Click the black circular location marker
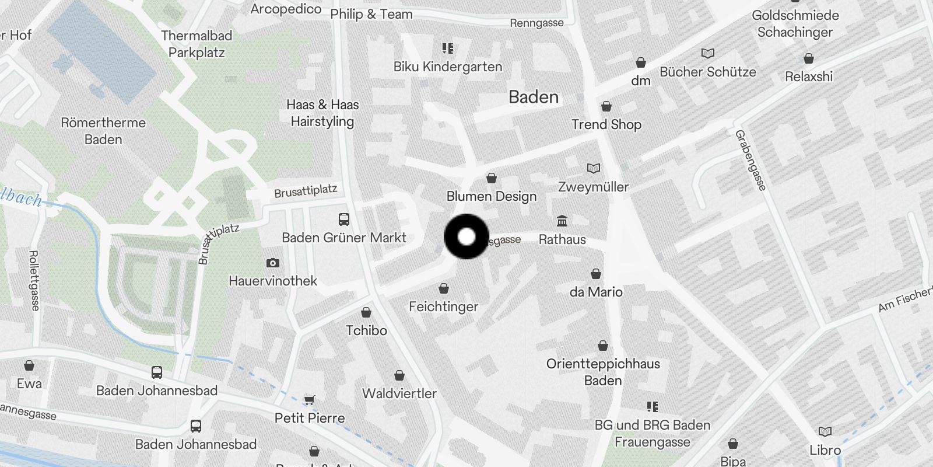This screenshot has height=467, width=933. [x=466, y=236]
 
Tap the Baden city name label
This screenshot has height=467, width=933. [x=534, y=97]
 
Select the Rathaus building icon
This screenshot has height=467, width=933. [x=562, y=221]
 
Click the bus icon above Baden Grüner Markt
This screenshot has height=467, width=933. [x=344, y=219]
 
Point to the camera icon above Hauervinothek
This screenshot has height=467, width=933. [x=272, y=263]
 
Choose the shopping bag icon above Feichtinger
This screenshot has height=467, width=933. [x=444, y=288]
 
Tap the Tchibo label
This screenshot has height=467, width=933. [x=366, y=330]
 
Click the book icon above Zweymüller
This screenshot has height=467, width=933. [x=593, y=169]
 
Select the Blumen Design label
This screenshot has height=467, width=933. [x=492, y=196]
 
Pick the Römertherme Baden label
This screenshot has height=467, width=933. [x=103, y=131]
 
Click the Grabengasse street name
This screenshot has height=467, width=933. [x=750, y=160]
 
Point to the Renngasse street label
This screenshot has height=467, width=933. [x=536, y=23]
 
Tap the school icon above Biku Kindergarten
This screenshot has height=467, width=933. [x=447, y=48]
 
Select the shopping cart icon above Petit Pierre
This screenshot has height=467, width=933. [x=310, y=400]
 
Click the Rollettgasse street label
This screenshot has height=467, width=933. [x=34, y=280]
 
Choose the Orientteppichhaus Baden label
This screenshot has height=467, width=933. [x=603, y=372]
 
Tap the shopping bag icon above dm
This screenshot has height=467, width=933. [x=641, y=62]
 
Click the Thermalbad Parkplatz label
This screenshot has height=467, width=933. [x=197, y=44]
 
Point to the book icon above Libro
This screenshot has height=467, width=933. [x=825, y=432]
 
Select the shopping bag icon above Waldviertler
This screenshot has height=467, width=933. [x=399, y=375]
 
